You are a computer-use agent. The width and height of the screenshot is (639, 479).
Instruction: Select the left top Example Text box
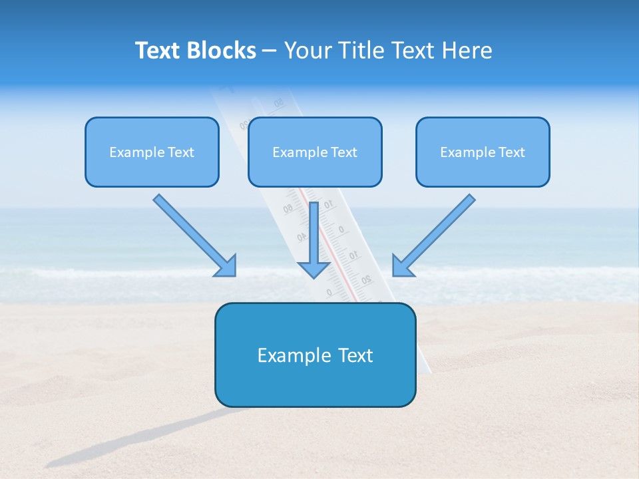point(152,152)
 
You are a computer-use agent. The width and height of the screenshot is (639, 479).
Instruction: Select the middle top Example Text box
point(315,152)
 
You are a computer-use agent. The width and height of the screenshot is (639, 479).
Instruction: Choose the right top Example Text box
point(483,152)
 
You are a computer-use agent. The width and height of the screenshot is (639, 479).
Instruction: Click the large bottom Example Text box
point(315,355)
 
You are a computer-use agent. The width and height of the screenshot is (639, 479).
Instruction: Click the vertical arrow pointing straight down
point(314,233)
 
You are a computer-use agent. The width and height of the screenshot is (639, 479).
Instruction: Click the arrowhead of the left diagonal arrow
point(227,266)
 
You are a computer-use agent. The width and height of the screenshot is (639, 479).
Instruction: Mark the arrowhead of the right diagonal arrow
point(402,266)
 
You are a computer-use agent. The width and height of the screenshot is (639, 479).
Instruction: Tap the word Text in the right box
point(511,152)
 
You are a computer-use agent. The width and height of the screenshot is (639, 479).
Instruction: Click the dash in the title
point(270,51)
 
